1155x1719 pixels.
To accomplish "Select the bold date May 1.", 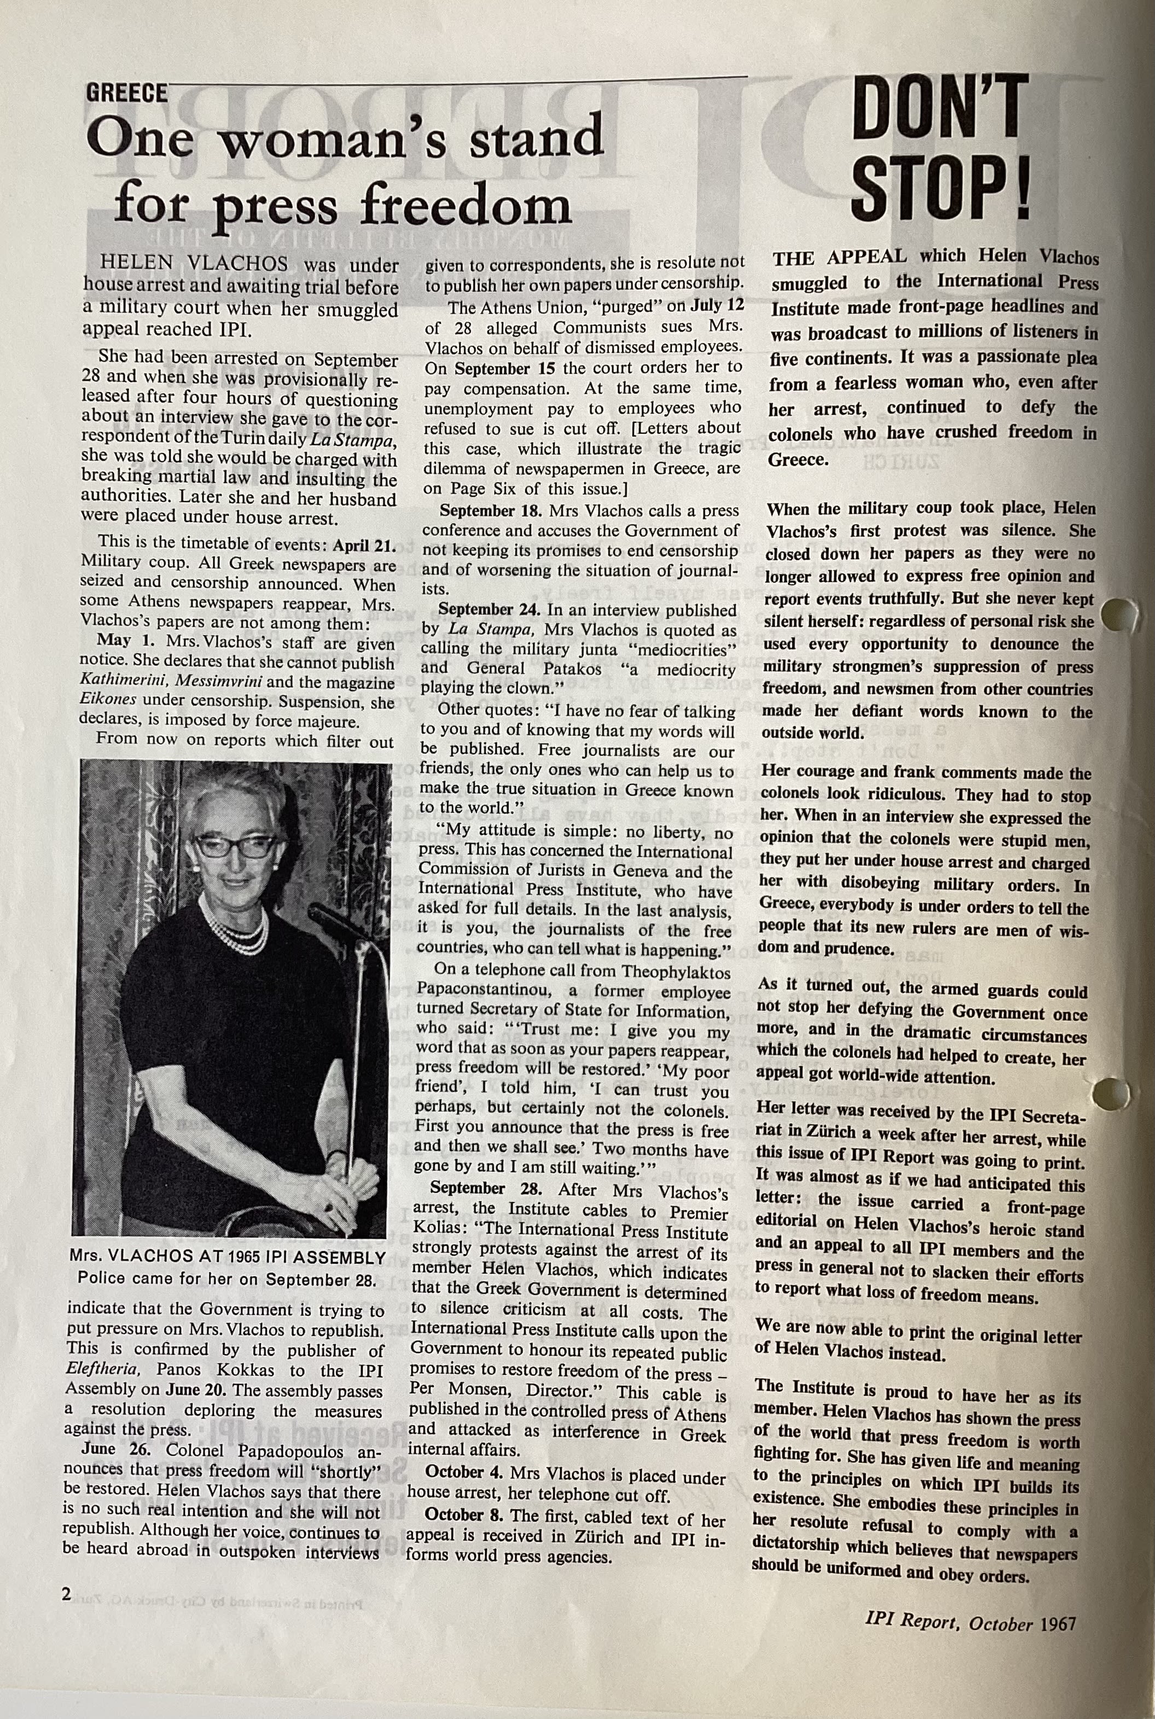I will [x=123, y=642].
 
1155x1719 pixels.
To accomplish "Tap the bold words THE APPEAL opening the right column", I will [x=840, y=257].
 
